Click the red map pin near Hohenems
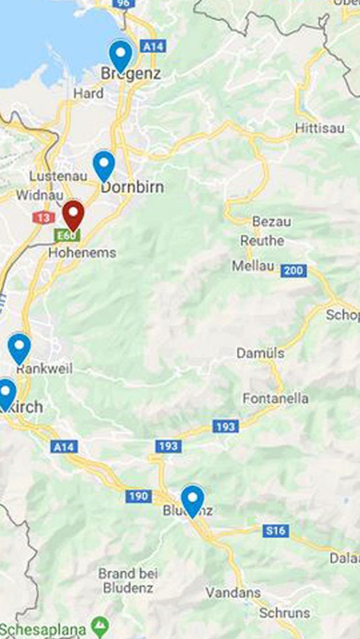(73, 215)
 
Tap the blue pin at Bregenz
(121, 55)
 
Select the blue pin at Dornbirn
(104, 165)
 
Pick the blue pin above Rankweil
(19, 348)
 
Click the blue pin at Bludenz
(192, 500)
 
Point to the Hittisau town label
(320, 128)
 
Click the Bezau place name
(272, 222)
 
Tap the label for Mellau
(253, 266)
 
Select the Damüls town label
(261, 353)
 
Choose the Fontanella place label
(275, 399)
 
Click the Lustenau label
(59, 176)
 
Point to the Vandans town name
(233, 592)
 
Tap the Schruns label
(284, 613)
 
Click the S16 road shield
(275, 531)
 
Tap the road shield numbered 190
(138, 496)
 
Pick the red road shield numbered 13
(43, 218)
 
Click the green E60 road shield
(66, 235)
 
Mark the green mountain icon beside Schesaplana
(100, 625)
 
